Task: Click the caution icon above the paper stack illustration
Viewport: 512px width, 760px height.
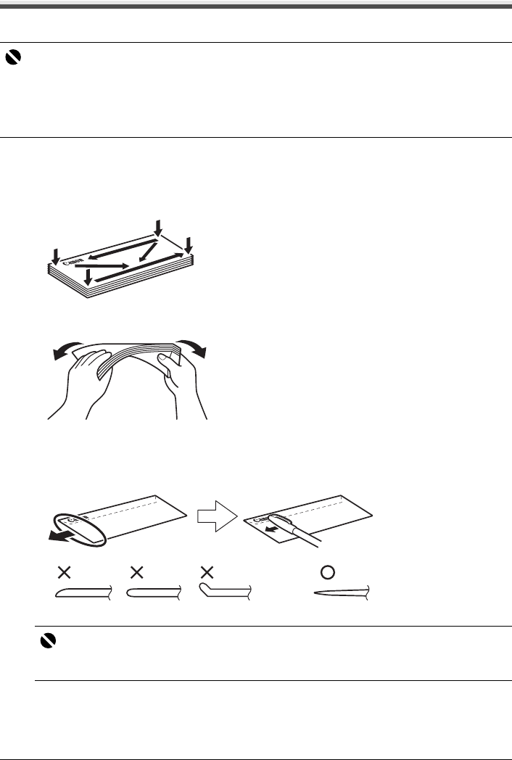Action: click(13, 62)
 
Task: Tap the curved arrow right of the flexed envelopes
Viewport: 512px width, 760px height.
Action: click(191, 349)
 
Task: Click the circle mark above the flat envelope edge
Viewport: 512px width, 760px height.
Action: click(328, 571)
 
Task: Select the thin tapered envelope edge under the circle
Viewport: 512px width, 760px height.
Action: click(341, 592)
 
